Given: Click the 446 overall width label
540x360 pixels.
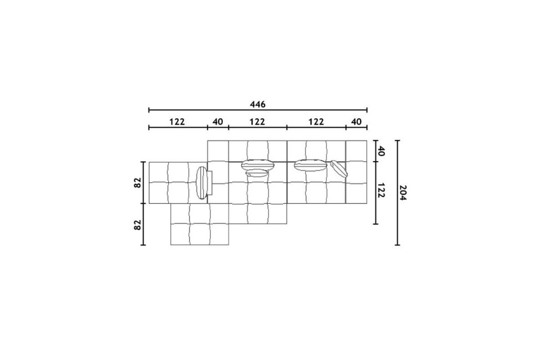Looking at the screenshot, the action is tap(258, 104).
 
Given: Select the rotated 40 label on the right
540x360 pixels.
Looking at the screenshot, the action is tap(381, 151).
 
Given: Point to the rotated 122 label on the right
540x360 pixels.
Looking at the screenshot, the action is tap(381, 191).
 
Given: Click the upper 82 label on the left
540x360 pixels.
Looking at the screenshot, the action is tap(138, 183).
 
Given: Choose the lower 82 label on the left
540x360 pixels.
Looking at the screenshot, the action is tap(138, 225).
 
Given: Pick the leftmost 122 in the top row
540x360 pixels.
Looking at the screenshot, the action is tap(177, 122).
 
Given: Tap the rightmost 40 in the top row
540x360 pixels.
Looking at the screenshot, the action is tap(357, 122).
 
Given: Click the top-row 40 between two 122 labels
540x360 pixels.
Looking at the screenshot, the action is tap(218, 122).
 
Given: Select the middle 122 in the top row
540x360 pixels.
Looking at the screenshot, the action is tap(257, 122).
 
